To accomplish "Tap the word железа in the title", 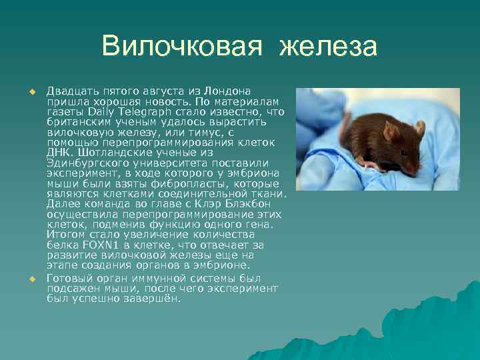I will (x=329, y=46).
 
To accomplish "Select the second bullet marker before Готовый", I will (x=31, y=277).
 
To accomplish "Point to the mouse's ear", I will (x=419, y=127).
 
